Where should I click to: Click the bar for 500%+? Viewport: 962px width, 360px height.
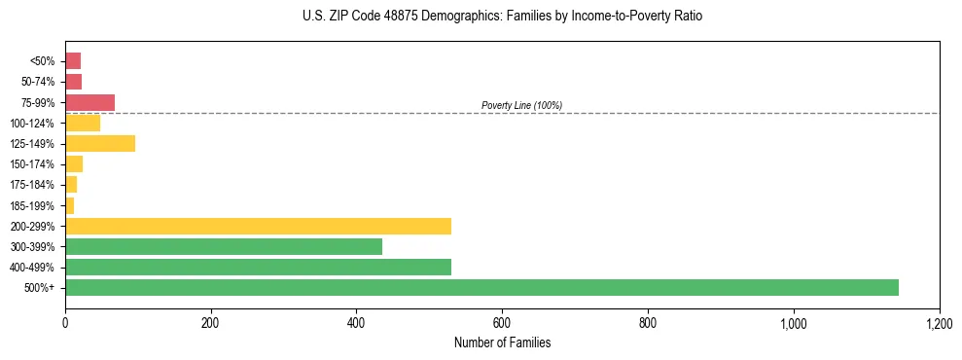coord(481,287)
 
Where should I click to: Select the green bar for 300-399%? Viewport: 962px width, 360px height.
coord(224,246)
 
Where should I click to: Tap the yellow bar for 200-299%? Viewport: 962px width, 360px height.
coord(258,226)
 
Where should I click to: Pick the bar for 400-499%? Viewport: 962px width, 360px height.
coord(258,267)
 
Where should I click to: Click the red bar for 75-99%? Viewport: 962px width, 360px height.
coord(89,102)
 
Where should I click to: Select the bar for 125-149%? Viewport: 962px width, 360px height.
coord(100,143)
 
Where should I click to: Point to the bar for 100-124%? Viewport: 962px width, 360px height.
coord(83,123)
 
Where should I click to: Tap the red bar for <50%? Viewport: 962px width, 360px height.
coord(73,60)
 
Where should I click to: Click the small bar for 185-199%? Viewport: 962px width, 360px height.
coord(70,205)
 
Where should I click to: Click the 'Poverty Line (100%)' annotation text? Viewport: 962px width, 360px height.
coord(521,105)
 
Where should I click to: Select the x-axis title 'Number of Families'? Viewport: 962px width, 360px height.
coord(502,342)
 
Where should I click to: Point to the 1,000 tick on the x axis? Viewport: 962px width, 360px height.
coord(794,322)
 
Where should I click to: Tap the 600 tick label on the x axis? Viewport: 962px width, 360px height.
coord(502,322)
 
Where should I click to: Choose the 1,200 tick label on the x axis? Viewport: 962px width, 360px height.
coord(939,322)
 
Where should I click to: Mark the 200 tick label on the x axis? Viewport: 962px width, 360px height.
coord(210,322)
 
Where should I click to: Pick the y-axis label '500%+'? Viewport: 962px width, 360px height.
coord(41,288)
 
